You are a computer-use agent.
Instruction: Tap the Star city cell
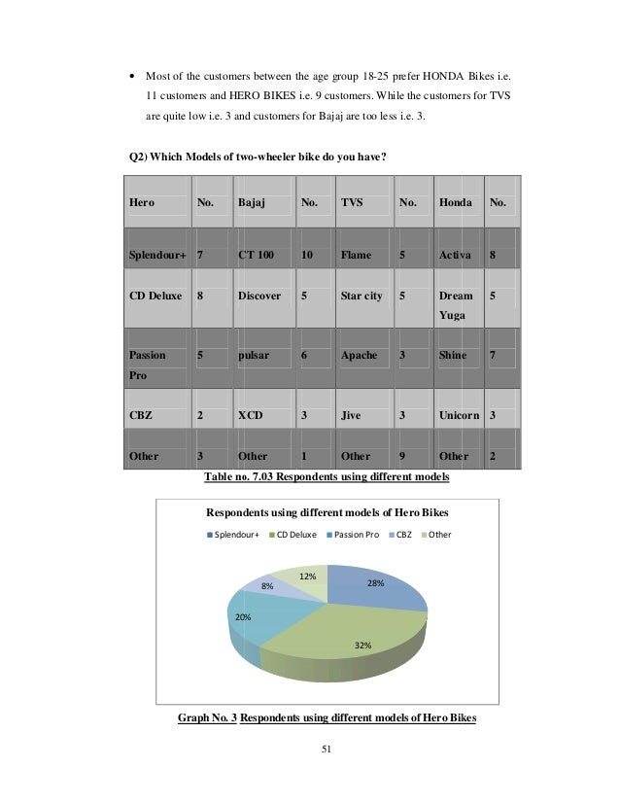click(361, 296)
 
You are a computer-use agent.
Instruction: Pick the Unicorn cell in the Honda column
click(460, 415)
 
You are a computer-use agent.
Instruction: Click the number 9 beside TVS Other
click(401, 456)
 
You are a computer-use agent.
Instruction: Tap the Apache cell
click(359, 356)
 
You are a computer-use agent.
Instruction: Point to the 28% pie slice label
click(375, 583)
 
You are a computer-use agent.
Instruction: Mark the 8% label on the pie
click(266, 587)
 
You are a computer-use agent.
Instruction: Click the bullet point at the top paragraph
click(131, 75)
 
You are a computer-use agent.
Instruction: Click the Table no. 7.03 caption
click(326, 477)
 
